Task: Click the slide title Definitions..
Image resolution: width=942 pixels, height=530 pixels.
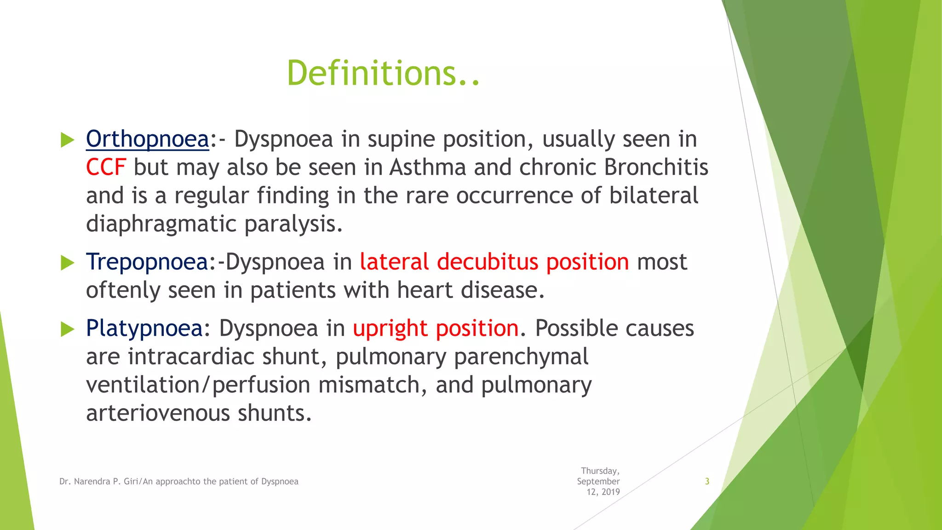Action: click(383, 74)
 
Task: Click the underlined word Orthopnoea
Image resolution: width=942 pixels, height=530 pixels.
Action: click(147, 139)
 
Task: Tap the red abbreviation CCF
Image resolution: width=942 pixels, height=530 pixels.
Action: click(106, 167)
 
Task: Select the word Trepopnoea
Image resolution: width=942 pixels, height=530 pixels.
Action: click(147, 262)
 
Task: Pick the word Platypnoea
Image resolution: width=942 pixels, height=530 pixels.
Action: click(144, 328)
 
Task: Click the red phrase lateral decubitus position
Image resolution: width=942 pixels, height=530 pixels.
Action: click(494, 262)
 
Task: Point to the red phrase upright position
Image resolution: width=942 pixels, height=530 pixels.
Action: click(436, 328)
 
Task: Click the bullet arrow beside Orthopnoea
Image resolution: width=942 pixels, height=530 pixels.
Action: click(67, 140)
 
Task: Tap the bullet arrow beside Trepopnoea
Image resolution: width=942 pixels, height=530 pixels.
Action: click(67, 263)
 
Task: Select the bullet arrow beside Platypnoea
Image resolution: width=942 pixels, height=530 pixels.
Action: click(67, 329)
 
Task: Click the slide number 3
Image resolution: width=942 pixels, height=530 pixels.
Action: click(707, 482)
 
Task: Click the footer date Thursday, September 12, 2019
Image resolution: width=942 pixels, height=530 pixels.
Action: click(599, 481)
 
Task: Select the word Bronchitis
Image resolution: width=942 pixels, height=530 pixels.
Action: click(656, 167)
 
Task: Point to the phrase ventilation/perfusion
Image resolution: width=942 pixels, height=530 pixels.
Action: click(198, 385)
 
